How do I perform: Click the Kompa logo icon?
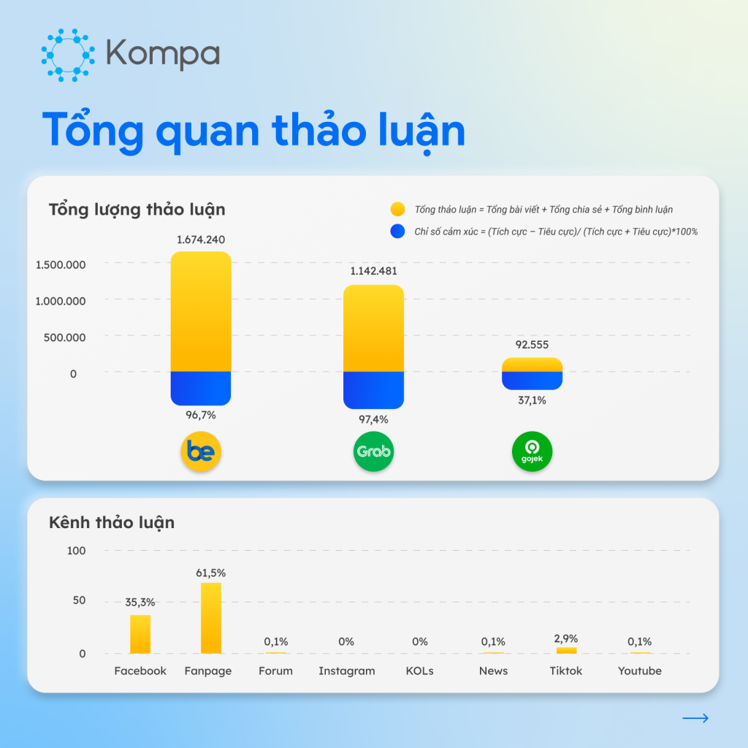point(69,54)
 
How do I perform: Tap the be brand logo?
point(201,451)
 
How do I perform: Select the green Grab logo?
point(373,451)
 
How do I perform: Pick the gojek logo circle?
point(532,451)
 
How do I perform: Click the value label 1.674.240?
point(201,240)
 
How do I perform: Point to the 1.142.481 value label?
point(373,271)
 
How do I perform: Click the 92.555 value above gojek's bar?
point(532,345)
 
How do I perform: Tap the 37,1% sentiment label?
point(532,400)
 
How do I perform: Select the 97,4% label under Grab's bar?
point(373,419)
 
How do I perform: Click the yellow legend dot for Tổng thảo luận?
point(398,210)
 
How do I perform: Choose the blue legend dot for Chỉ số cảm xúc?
point(398,232)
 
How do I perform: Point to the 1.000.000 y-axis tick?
point(61,301)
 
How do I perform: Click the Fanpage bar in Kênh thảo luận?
point(211,618)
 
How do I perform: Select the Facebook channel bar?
point(140,634)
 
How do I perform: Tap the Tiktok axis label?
point(566,671)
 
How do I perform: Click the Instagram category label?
point(346,671)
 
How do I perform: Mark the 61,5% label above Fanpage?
point(211,573)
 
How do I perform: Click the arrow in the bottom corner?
point(695,719)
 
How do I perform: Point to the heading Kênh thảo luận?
point(112,522)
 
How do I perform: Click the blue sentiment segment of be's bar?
point(201,387)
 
